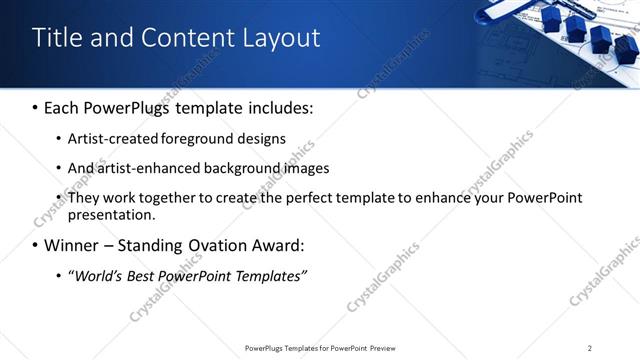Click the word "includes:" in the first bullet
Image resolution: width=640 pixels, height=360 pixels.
(x=278, y=107)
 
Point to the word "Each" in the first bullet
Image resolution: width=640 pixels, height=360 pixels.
(x=63, y=107)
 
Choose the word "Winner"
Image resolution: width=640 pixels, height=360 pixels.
(x=71, y=245)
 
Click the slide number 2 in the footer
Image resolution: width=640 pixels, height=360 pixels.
(x=590, y=348)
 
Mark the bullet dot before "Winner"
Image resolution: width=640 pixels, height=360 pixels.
(x=36, y=246)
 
